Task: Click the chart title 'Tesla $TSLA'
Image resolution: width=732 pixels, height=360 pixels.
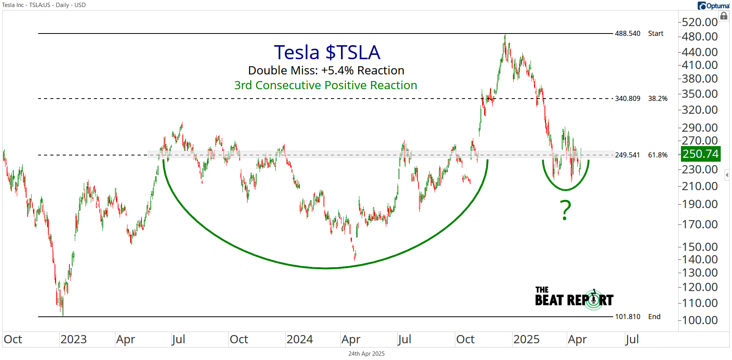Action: [x=327, y=52]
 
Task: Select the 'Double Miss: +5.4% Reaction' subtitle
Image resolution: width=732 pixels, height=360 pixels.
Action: [x=326, y=71]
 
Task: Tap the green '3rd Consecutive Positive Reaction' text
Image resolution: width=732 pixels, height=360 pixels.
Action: [x=325, y=85]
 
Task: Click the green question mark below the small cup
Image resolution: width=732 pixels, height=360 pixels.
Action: [x=565, y=210]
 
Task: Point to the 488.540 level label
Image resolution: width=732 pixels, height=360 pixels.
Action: [x=627, y=34]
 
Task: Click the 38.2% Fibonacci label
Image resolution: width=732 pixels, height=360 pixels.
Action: [x=658, y=99]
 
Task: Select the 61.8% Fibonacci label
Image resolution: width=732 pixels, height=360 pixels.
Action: [x=658, y=155]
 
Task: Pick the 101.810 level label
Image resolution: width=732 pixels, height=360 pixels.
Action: [x=627, y=317]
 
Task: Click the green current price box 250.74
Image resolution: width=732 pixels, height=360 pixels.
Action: [x=700, y=154]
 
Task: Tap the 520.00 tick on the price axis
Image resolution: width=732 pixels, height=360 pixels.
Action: [x=700, y=22]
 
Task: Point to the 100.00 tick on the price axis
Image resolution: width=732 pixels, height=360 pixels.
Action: [x=700, y=320]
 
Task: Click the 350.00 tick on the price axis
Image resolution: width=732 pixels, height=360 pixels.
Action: [x=700, y=94]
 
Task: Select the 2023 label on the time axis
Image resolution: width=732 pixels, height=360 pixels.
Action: [x=73, y=339]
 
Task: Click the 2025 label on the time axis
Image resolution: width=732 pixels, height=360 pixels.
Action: [x=526, y=339]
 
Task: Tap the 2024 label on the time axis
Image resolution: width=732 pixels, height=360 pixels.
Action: [x=299, y=339]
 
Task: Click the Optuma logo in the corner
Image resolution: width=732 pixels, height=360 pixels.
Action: [x=713, y=5]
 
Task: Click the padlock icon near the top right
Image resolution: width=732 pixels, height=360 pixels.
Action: [x=724, y=16]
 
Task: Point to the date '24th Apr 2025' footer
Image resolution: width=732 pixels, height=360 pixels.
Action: [x=366, y=354]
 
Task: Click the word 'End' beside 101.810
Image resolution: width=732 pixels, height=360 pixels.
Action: [x=654, y=317]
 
